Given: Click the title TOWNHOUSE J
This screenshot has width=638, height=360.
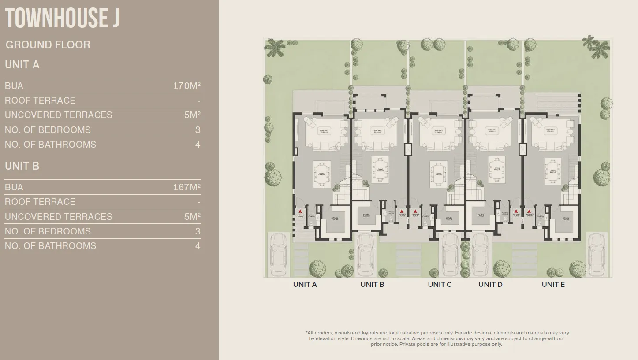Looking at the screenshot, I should pos(62,19).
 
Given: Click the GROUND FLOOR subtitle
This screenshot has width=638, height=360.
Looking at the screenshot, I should pos(48,45).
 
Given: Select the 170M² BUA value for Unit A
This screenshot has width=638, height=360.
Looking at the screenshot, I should pos(187,86).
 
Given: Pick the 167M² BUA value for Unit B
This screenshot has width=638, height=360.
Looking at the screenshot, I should pos(187,187).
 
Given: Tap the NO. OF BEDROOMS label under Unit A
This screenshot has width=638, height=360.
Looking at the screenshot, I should pos(48,130).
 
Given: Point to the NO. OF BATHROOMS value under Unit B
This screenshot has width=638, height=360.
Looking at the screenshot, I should pos(198,246).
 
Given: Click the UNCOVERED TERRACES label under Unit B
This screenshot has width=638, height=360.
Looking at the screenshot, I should pos(58,217).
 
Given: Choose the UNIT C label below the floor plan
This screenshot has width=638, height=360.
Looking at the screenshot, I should pos(440,285).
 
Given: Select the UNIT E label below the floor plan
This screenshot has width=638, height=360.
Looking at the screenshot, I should pos(553,285).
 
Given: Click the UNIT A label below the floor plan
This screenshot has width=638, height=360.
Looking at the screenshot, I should pos(305,285).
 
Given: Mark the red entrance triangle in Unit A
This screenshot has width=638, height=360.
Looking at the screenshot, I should pos(301,212).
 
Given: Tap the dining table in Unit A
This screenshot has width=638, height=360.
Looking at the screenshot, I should pos(322,171).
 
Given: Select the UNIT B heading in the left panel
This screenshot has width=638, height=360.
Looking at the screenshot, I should pos(22,166).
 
